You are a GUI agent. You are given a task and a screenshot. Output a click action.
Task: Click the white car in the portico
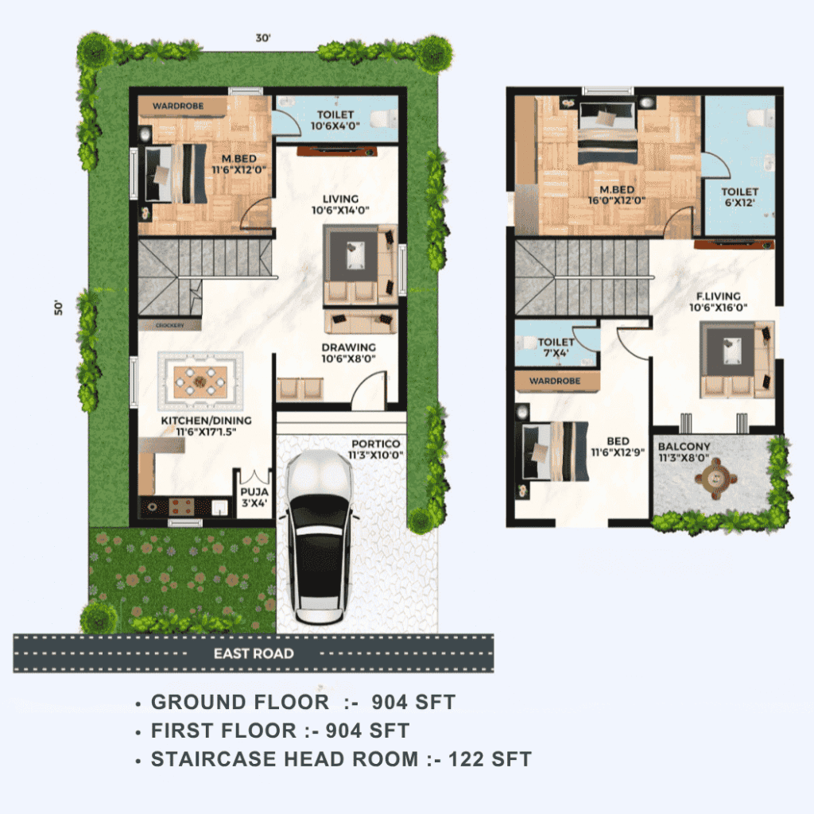[x=319, y=537]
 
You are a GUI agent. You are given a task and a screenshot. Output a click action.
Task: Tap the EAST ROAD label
[x=254, y=653]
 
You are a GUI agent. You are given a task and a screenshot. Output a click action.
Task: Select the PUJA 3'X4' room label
[x=254, y=497]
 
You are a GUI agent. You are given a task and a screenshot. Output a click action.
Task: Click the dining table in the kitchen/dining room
[x=200, y=382]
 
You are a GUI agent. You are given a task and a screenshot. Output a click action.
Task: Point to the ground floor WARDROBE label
[x=178, y=106]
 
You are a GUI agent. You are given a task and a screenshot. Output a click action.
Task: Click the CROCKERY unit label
[x=170, y=325]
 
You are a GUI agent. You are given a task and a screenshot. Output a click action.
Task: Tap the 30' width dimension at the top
[x=263, y=38]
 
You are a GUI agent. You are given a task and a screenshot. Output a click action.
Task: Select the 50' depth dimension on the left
[x=58, y=308]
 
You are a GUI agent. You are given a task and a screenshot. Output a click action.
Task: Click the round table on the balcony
[x=716, y=478]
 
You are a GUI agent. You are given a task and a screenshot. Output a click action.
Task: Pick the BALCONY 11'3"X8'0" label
[x=684, y=452]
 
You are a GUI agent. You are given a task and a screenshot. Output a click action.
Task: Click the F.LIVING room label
[x=719, y=296]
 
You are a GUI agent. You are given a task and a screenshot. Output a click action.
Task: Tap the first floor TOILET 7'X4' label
[x=556, y=347]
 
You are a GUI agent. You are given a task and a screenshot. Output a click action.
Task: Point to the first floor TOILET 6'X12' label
[x=740, y=197]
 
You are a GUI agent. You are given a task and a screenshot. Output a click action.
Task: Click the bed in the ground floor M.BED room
[x=176, y=173]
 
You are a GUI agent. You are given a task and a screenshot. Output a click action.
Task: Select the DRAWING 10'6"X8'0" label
[x=348, y=353]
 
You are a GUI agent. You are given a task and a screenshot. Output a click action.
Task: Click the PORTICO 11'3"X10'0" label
[x=375, y=450]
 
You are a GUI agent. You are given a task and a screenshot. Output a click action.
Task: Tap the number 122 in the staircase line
[x=465, y=759]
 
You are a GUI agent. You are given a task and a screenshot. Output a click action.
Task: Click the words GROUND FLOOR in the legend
[x=240, y=702]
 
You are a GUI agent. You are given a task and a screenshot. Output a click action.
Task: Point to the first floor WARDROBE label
[x=555, y=381]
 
